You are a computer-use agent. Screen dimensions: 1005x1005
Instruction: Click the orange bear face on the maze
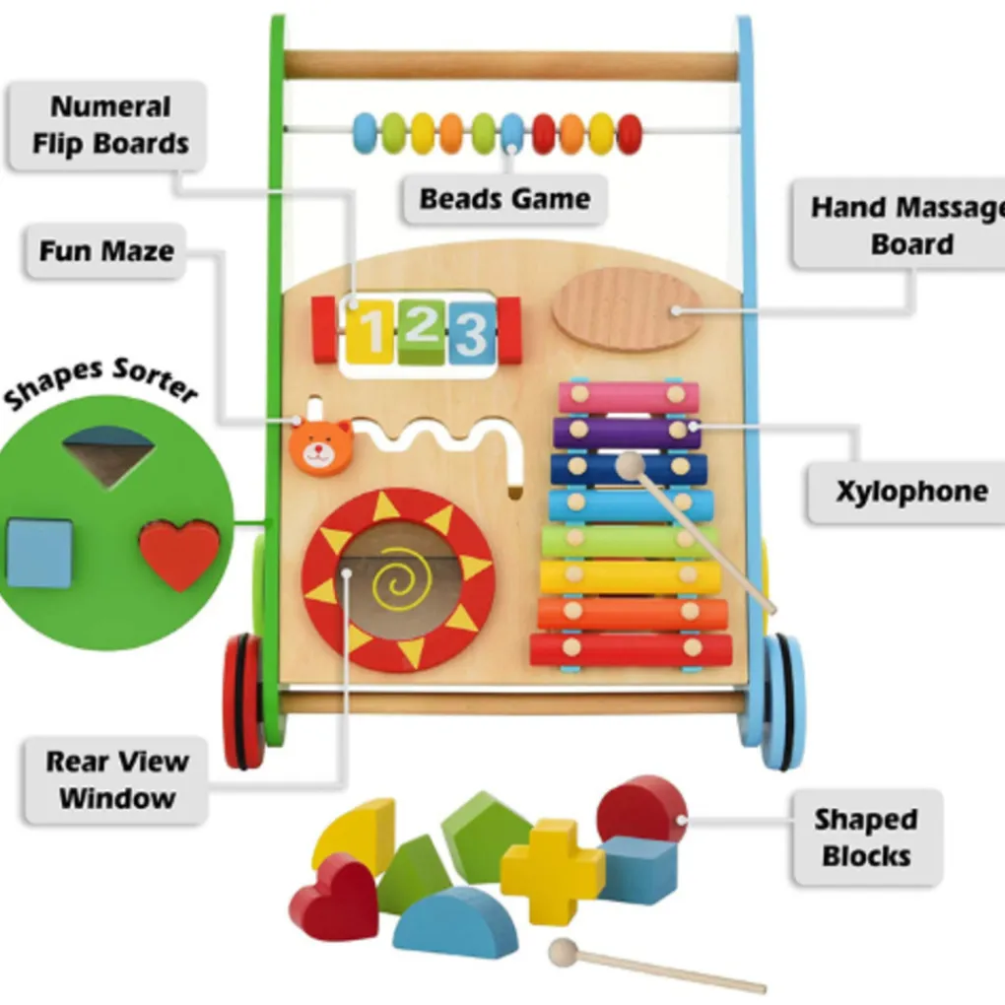[x=321, y=447]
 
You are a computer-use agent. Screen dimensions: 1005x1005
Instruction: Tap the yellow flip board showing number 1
[x=368, y=332]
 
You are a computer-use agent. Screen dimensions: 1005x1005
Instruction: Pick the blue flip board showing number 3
[x=471, y=332]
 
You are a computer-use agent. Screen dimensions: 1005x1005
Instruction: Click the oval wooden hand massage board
[x=627, y=309]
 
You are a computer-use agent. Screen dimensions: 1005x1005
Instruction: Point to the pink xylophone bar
[x=629, y=397]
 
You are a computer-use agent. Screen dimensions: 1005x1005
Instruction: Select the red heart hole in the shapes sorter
[x=179, y=554]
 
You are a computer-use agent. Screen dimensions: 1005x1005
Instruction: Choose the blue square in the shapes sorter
[x=39, y=553]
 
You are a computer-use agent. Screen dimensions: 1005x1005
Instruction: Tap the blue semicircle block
[x=454, y=923]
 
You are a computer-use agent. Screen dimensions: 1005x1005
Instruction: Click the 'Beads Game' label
[x=504, y=199]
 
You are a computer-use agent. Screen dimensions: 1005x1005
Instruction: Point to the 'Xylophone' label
[x=911, y=492]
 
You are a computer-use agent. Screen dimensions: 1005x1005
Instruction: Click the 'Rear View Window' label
[x=117, y=779]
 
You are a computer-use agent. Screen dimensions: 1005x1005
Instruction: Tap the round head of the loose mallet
[x=564, y=952]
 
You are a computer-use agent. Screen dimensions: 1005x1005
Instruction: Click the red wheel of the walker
[x=242, y=702]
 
